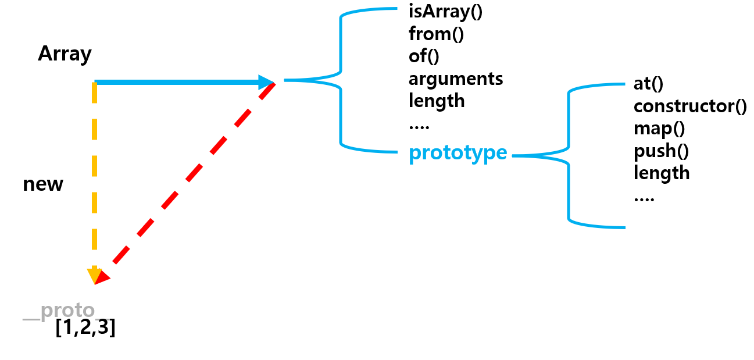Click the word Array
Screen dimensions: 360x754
pos(65,54)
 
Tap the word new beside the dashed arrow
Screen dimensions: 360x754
pos(43,184)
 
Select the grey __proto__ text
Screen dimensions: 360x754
pos(59,312)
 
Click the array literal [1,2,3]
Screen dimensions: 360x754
pos(85,328)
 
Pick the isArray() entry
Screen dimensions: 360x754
pos(446,12)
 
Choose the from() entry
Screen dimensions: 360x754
pos(436,34)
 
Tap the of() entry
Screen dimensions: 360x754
pos(424,56)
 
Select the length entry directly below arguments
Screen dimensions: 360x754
pos(437,101)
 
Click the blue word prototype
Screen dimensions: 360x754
pos(458,154)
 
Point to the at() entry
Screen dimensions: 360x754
pos(649,84)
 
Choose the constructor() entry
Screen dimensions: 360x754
pos(690,106)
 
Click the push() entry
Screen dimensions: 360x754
pos(661,151)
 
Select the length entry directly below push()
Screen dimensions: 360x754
pos(662,173)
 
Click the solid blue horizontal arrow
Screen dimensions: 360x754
pos(174,83)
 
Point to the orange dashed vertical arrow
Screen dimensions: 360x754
pos(94,174)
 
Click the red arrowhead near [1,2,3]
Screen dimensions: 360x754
pos(102,277)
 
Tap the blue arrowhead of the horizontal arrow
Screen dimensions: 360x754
pos(267,82)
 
